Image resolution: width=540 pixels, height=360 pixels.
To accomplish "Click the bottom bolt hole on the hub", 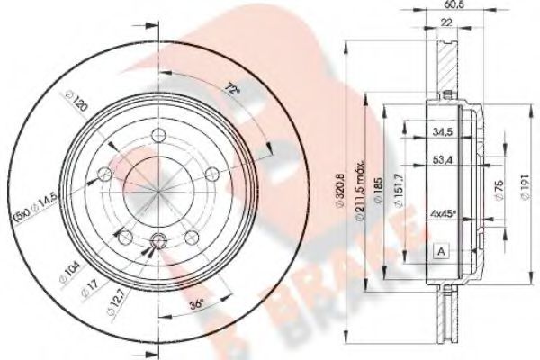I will click(160, 240).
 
